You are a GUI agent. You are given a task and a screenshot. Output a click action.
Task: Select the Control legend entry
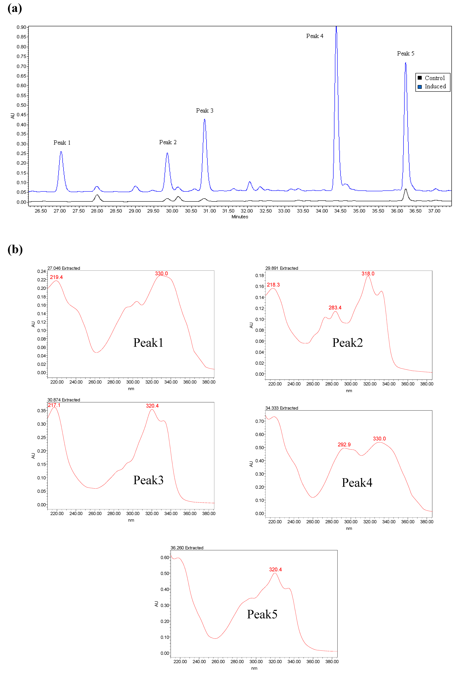point(434,78)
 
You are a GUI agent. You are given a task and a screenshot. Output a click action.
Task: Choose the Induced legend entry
point(435,86)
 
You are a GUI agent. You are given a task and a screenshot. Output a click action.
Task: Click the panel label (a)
point(15,8)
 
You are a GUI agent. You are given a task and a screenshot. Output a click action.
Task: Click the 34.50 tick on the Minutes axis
point(340,211)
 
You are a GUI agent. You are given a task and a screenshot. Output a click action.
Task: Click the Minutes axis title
point(240,217)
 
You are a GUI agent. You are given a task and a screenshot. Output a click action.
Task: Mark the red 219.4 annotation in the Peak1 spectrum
point(56,277)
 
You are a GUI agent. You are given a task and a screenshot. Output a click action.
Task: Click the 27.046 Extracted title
point(64,268)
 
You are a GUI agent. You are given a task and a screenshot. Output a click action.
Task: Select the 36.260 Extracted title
point(187,548)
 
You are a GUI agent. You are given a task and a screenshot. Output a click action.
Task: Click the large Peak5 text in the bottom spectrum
point(262,614)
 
